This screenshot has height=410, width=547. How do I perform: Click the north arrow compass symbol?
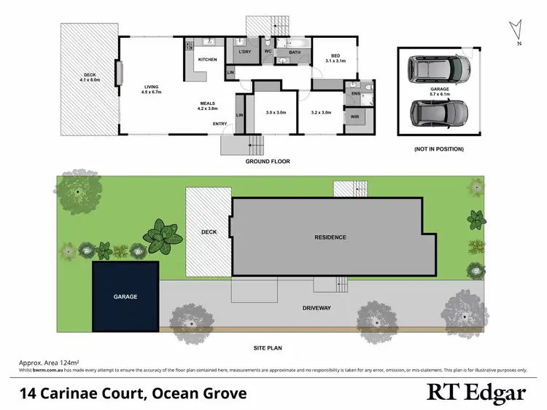(x=516, y=31)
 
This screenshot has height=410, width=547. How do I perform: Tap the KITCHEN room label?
(x=207, y=60)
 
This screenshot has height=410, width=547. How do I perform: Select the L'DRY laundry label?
(x=244, y=52)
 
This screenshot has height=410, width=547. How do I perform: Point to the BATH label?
(x=294, y=52)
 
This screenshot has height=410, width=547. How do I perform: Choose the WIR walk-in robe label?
(x=355, y=117)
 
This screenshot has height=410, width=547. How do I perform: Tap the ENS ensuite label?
(x=356, y=93)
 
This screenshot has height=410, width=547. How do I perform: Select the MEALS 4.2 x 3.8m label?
(x=208, y=106)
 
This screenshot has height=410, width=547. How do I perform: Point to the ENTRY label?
(x=220, y=124)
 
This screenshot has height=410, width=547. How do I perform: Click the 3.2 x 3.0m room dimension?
(x=321, y=113)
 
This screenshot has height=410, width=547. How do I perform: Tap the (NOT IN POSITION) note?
(x=438, y=149)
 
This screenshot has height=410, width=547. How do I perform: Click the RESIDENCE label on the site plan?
(x=330, y=237)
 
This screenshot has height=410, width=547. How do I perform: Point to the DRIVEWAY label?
(x=316, y=308)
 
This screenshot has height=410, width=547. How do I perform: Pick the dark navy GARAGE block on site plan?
(x=125, y=297)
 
